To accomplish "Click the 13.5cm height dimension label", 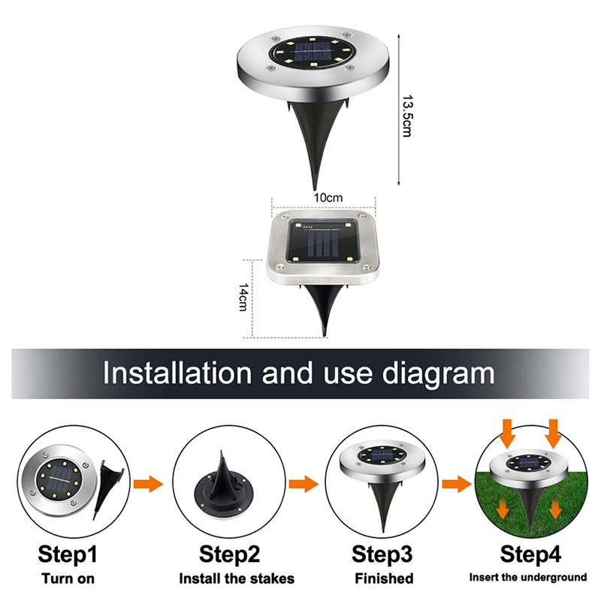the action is [407, 116].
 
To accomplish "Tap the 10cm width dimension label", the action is [328, 198].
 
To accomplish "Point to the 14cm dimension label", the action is [243, 297].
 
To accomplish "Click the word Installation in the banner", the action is [177, 373].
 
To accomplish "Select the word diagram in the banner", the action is [439, 374].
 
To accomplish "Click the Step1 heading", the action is [68, 554].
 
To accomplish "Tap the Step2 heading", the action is [229, 554].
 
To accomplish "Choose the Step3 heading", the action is [382, 554].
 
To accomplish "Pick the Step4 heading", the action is [530, 554].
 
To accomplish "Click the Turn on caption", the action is [68, 578].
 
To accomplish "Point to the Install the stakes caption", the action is [237, 578].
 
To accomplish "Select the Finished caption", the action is [384, 578].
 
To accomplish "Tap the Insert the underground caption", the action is [528, 577].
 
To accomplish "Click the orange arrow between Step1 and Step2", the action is [148, 484].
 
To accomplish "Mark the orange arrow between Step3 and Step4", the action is [457, 484].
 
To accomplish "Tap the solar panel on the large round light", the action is [312, 53].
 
